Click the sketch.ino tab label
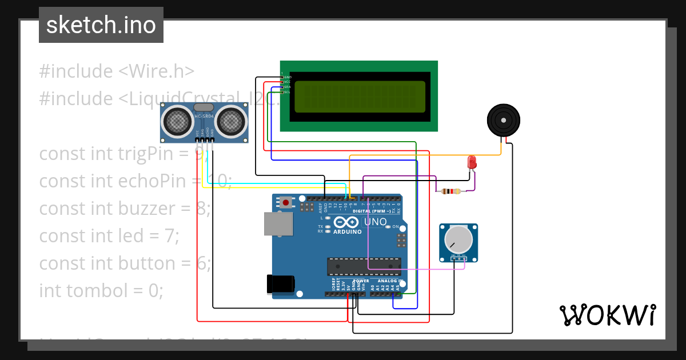tap(101, 25)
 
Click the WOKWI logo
tap(607, 315)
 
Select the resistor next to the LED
tap(449, 191)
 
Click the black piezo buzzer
tap(504, 121)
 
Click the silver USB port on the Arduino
tap(278, 223)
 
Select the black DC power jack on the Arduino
tap(281, 284)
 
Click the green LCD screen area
tap(360, 97)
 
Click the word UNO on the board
tap(376, 222)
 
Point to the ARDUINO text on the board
tap(347, 232)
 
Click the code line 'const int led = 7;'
tap(109, 235)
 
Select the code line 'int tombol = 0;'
tap(101, 290)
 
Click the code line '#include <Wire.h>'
tap(117, 71)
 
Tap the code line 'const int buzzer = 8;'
tap(125, 208)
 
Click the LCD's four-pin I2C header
tap(282, 84)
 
